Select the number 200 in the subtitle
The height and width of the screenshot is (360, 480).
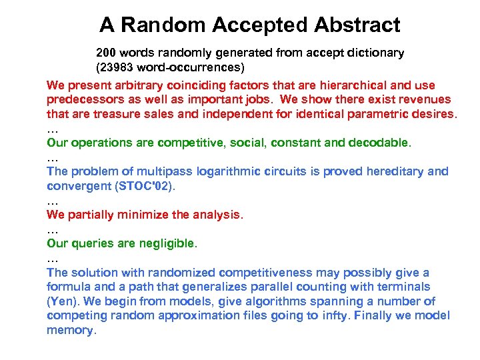tap(107, 52)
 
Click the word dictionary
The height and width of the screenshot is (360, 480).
tap(377, 52)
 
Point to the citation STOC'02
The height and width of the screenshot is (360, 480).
tap(143, 186)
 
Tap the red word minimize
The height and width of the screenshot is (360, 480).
tap(147, 215)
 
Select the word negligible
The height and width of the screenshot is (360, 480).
tap(166, 244)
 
